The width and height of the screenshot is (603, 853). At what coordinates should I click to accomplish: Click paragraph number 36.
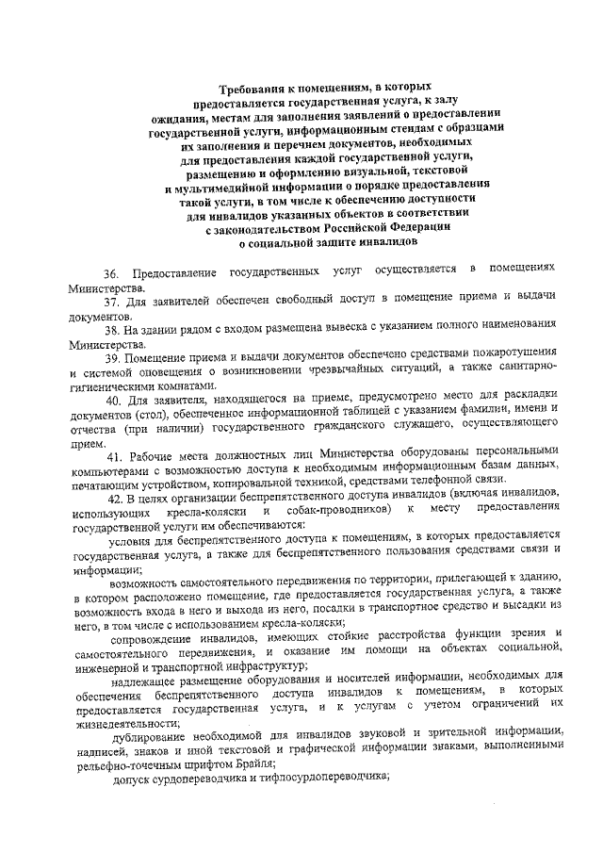click(x=112, y=272)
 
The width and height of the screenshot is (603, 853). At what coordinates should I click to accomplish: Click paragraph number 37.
click(x=114, y=302)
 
